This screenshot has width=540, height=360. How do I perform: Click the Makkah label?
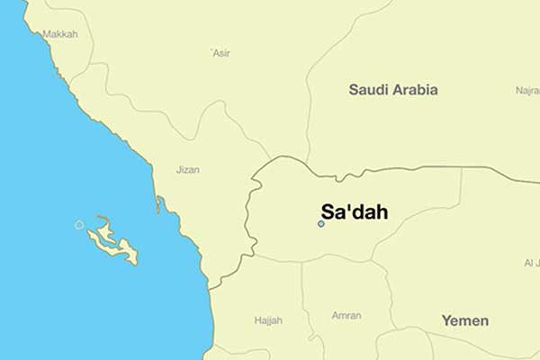coord(60,34)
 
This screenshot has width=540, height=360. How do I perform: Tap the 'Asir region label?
coord(220,53)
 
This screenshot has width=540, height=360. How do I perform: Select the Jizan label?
coord(189,169)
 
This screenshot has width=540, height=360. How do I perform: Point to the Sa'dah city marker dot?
coord(320,223)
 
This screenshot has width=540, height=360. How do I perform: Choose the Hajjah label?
coord(268,319)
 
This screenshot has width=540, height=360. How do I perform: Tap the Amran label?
coord(346,316)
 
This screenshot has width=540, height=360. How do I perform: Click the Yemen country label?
coord(465,320)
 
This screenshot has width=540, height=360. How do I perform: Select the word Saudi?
coord(368,89)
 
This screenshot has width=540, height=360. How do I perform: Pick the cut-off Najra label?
coord(527,90)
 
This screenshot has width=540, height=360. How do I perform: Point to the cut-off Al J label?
coord(530,263)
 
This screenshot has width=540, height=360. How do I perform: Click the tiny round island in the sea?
coord(79,224)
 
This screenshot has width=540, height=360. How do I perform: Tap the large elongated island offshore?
coord(115,243)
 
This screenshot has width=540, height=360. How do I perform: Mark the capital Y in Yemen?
coord(445,320)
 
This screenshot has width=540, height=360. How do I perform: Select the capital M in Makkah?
coord(47,34)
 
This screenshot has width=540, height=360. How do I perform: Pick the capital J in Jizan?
coord(180,169)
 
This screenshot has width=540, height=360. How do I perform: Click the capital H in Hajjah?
coord(257,319)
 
